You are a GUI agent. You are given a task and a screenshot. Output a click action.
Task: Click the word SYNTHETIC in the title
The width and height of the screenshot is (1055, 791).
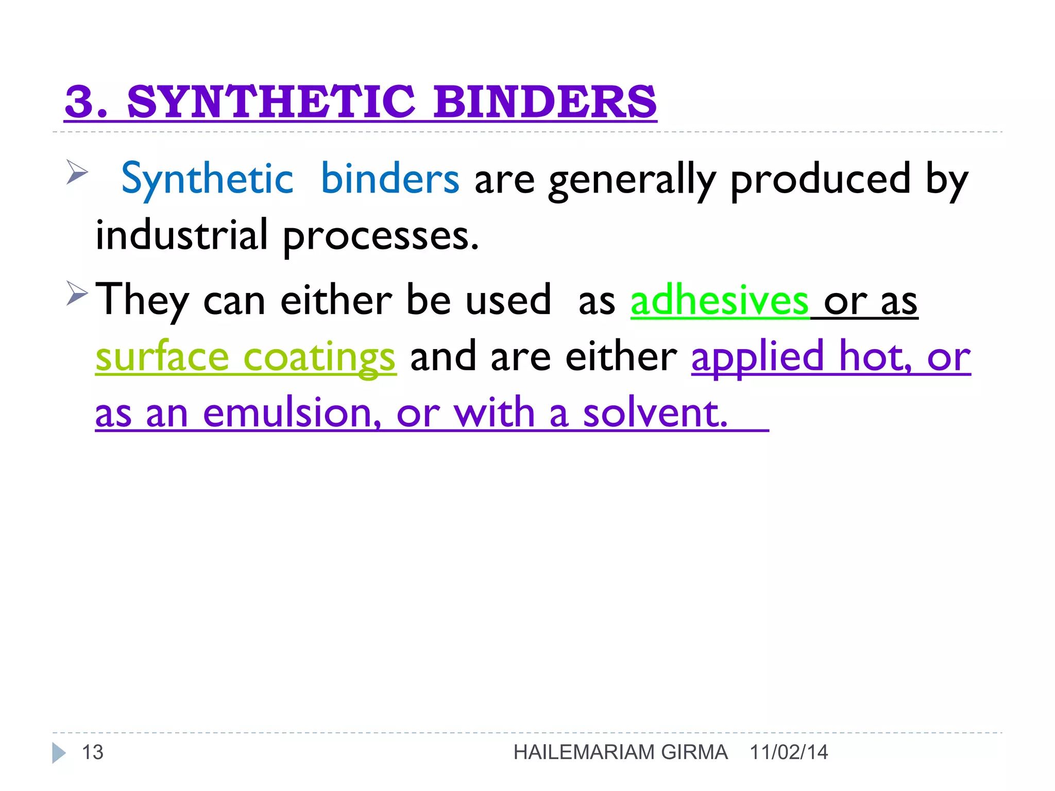point(271,101)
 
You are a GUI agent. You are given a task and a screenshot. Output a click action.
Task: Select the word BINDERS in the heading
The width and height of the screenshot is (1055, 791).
point(545,101)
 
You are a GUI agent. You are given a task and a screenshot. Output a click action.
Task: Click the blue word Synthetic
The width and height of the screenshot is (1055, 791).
point(207,179)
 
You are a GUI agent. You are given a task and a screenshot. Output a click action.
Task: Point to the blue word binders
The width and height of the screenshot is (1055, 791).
point(389,179)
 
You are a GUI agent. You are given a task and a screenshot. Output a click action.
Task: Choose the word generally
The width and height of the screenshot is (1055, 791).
point(632,180)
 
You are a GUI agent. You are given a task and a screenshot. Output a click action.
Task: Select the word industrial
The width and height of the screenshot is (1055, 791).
point(182,235)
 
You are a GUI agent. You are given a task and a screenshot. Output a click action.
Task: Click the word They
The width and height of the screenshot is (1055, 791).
point(142,300)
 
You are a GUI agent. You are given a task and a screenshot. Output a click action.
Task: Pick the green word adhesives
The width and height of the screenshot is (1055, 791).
point(719,300)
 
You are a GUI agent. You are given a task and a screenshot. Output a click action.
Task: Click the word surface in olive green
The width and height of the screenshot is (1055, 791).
point(162,356)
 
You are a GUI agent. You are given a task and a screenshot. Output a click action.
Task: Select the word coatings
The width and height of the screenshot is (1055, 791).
point(319,357)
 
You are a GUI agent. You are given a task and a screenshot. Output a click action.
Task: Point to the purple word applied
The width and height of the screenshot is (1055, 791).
point(757,356)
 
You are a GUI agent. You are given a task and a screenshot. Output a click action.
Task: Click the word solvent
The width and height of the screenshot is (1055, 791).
point(655,413)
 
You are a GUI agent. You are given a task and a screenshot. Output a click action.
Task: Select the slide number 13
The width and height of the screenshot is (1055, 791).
point(93,752)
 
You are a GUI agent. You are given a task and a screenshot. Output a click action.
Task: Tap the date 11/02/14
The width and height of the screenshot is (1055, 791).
point(789,752)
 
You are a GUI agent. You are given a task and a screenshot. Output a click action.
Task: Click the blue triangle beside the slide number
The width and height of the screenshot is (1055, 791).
point(58,753)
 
